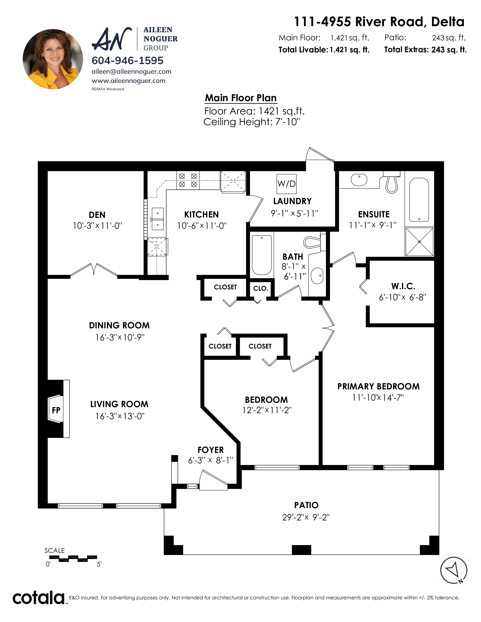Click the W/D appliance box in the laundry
pyautogui.click(x=287, y=184)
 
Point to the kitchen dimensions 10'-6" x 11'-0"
pyautogui.click(x=202, y=226)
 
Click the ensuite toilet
pyautogui.click(x=392, y=182)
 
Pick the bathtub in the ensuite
pyautogui.click(x=419, y=199)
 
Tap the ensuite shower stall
pyautogui.click(x=419, y=241)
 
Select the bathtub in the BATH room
pyautogui.click(x=262, y=255)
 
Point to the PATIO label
pyautogui.click(x=306, y=505)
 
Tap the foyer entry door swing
pyautogui.click(x=213, y=480)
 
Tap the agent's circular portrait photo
pyautogui.click(x=53, y=59)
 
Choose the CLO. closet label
pyautogui.click(x=261, y=289)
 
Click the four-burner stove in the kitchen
pyautogui.click(x=188, y=180)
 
